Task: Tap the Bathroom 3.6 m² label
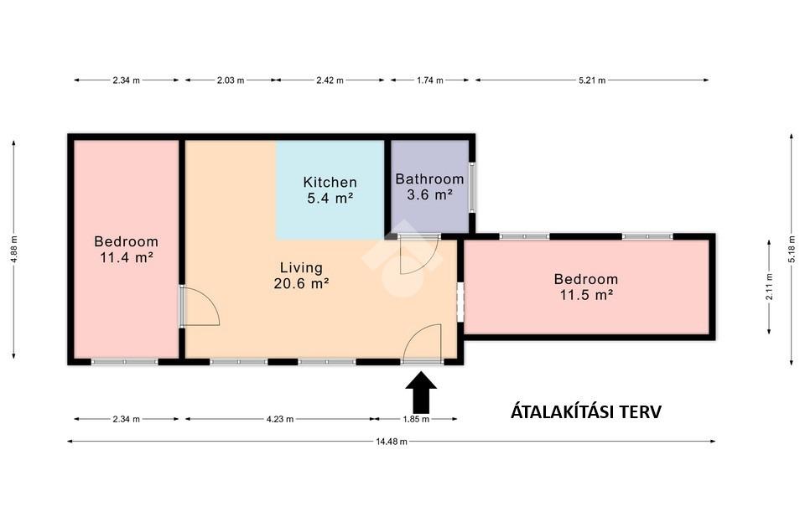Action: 429,187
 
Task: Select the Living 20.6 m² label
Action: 301,275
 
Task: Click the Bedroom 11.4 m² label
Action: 127,249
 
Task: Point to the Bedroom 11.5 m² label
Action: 586,287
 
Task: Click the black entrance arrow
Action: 421,392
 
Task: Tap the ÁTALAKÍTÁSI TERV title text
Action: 586,412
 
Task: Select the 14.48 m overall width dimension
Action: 392,441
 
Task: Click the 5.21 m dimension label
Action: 592,80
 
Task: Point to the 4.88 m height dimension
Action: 14,249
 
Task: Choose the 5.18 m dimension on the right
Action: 791,249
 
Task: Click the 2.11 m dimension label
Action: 769,287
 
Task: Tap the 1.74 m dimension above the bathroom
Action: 429,80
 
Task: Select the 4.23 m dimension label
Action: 280,419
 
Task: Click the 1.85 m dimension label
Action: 416,419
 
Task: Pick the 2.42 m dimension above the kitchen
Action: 330,80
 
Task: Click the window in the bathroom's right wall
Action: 472,188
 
